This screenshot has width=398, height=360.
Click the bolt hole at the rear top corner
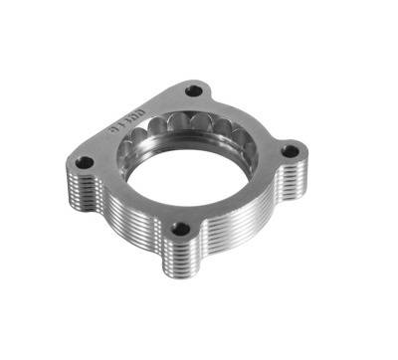(x=195, y=91)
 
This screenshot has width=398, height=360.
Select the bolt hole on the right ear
(x=290, y=151)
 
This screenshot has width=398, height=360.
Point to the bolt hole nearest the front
(x=180, y=230)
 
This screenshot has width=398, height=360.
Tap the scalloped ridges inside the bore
(x=194, y=126)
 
